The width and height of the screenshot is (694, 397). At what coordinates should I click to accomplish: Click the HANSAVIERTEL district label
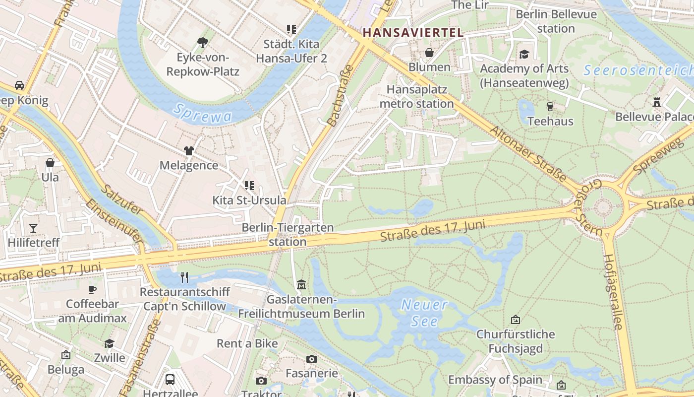[x=413, y=33]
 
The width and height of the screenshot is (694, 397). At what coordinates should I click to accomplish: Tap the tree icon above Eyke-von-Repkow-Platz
[x=203, y=43]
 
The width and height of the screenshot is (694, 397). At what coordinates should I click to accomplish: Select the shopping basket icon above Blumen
[x=429, y=53]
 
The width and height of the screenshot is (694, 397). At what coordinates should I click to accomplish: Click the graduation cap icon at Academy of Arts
[x=524, y=54]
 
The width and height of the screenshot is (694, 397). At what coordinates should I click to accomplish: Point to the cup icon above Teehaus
[x=550, y=106]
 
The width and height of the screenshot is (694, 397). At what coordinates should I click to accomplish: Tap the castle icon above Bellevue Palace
[x=657, y=102]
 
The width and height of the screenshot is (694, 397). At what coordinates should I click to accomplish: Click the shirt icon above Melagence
[x=188, y=151]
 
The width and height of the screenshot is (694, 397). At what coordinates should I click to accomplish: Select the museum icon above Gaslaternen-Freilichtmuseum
[x=301, y=285]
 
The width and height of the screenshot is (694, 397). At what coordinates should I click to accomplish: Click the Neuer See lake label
[x=424, y=313]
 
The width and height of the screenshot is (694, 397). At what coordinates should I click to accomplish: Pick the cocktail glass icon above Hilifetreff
[x=33, y=228]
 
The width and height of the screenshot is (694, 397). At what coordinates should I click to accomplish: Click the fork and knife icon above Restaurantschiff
[x=184, y=277]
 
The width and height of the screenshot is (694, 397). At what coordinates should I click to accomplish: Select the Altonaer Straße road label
[x=528, y=153]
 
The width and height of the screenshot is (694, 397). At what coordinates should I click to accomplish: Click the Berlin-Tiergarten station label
[x=288, y=234]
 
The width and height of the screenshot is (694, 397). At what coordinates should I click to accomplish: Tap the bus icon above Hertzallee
[x=170, y=380]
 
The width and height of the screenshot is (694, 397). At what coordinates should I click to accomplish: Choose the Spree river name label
[x=202, y=113]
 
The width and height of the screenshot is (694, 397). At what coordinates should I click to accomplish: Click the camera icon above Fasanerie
[x=311, y=359]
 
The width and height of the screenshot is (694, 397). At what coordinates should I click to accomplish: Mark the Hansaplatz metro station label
[x=416, y=96]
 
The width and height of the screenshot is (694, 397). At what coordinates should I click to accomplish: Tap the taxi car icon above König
[x=19, y=85]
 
